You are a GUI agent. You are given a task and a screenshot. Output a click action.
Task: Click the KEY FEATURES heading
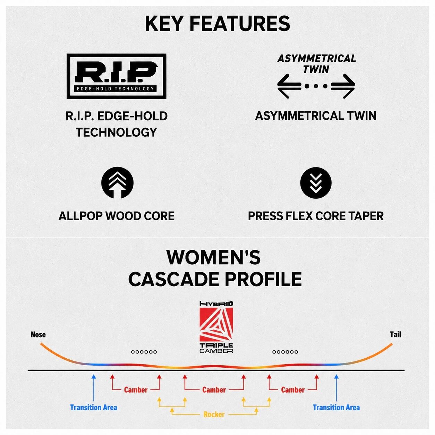click(217, 24)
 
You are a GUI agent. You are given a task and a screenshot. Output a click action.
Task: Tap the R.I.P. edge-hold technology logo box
click(117, 76)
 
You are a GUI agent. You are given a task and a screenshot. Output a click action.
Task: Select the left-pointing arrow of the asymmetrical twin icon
click(289, 86)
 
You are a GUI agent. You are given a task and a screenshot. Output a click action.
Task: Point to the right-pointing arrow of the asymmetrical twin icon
click(343, 86)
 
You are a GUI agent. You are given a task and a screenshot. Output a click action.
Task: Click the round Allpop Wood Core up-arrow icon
click(117, 182)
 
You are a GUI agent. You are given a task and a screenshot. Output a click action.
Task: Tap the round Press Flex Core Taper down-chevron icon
click(316, 183)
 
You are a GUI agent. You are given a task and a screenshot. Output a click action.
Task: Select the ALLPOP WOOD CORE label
click(117, 216)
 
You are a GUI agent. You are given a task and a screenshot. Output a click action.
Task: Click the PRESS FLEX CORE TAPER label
click(316, 216)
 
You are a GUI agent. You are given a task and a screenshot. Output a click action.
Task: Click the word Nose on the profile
click(38, 334)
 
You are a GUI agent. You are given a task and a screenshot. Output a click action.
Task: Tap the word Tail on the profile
click(395, 334)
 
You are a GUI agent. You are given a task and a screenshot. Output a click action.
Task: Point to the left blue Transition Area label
click(94, 408)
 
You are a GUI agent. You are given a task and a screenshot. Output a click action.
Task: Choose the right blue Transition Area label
click(336, 408)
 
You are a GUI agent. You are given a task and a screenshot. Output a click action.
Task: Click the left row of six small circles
click(144, 352)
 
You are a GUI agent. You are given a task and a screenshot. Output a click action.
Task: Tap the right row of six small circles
click(285, 352)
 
